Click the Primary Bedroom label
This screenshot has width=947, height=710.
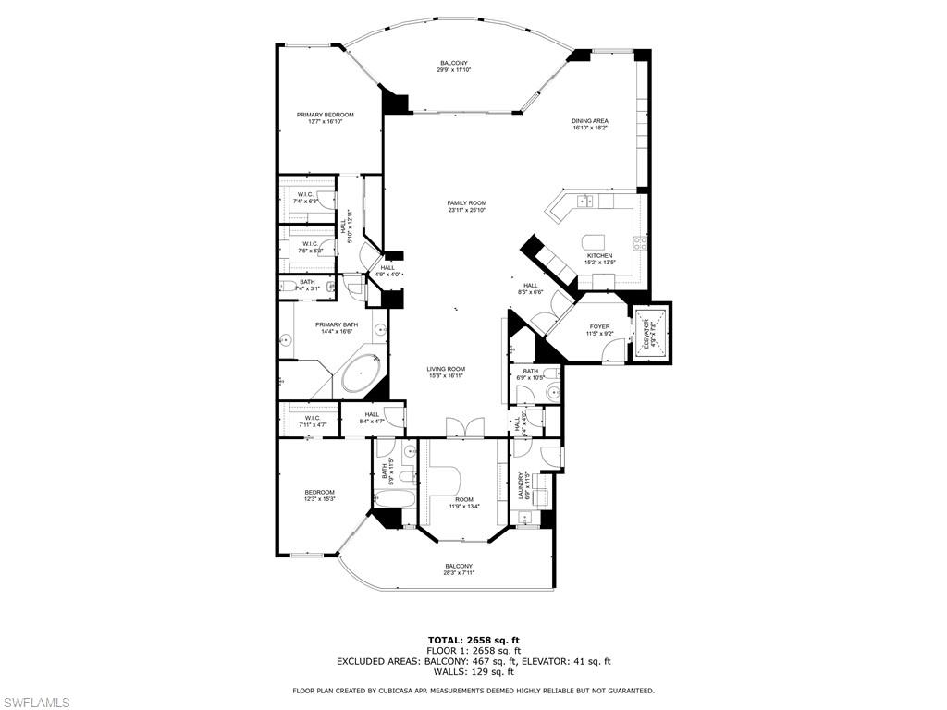point(325,115)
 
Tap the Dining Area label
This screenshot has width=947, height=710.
point(589,121)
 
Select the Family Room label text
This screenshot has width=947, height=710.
point(466,203)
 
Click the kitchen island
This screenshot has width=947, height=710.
point(597,242)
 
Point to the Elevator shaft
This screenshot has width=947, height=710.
point(652,331)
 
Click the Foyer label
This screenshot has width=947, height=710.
point(599,326)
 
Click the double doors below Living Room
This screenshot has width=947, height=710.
point(463,429)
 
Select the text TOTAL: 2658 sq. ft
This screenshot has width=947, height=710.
point(473,640)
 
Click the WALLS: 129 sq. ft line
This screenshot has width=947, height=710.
point(473,672)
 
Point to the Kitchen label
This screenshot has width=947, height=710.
point(599,256)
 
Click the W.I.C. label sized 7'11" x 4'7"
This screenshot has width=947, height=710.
point(312,421)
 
